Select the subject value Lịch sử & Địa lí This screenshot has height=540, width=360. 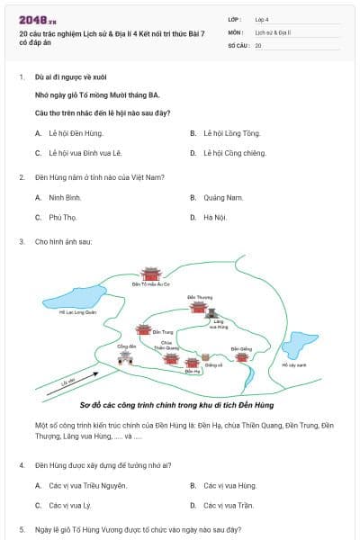click(x=272, y=31)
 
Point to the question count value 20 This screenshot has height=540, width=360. click(x=258, y=44)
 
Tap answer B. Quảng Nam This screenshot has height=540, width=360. click(x=222, y=197)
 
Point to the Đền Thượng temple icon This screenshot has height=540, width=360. click(x=199, y=307)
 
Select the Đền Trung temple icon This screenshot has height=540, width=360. click(x=143, y=330)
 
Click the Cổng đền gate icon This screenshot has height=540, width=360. click(x=125, y=357)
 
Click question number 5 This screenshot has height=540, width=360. click(x=22, y=529)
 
